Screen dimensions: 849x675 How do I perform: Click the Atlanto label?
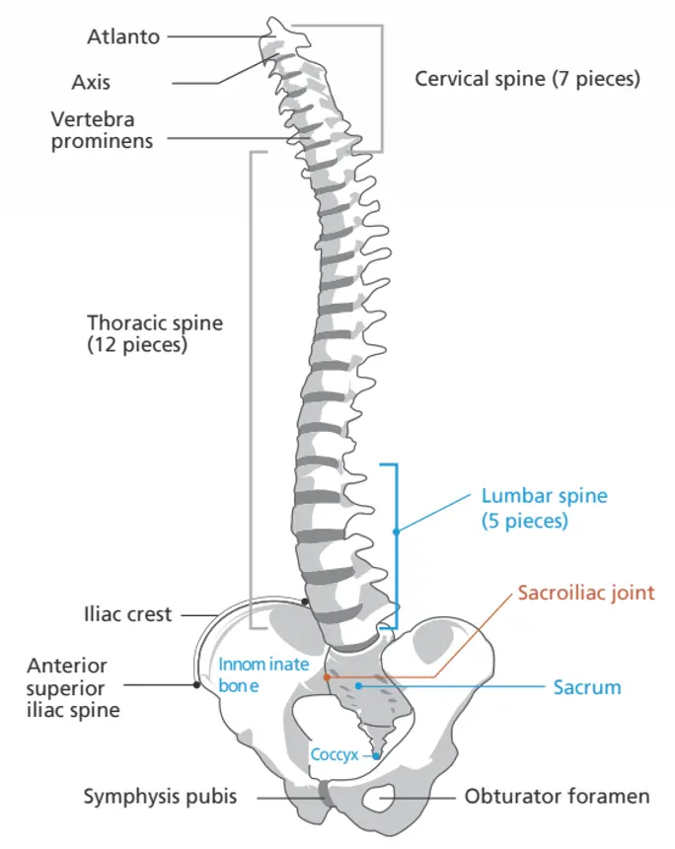pyautogui.click(x=122, y=37)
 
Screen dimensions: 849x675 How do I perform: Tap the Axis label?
pyautogui.click(x=91, y=81)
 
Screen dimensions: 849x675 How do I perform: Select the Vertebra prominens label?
pyautogui.click(x=103, y=129)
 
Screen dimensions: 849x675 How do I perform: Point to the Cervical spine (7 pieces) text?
pyautogui.click(x=527, y=78)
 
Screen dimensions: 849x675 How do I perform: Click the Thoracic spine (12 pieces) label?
pyautogui.click(x=155, y=333)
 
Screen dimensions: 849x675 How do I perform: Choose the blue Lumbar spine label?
pyautogui.click(x=544, y=508)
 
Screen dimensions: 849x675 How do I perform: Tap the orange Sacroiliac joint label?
pyautogui.click(x=587, y=594)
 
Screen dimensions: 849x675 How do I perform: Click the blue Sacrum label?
pyautogui.click(x=587, y=686)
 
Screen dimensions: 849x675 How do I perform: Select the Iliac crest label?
pyautogui.click(x=128, y=614)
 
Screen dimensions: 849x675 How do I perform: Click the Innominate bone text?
pyautogui.click(x=250, y=674)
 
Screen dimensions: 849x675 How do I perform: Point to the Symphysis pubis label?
pyautogui.click(x=160, y=796)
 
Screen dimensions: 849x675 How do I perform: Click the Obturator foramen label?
pyautogui.click(x=558, y=796)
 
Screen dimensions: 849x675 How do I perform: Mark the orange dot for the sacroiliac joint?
pyautogui.click(x=327, y=676)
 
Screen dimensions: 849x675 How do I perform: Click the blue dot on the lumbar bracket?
pyautogui.click(x=396, y=531)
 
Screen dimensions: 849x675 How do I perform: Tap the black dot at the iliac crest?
pyautogui.click(x=306, y=601)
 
